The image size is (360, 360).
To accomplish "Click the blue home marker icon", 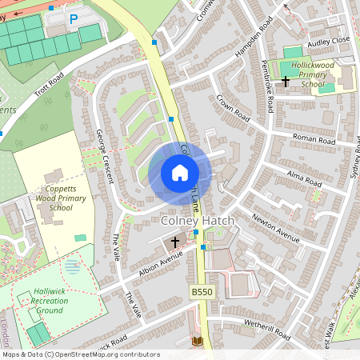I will click(180, 173).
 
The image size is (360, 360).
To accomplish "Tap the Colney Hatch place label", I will click(198, 218).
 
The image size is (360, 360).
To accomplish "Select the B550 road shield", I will click(202, 294).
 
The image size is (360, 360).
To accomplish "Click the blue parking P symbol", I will click(74, 18).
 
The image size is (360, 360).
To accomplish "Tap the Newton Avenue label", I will click(276, 226).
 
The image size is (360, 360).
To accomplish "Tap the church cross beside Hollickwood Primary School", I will click(286, 81).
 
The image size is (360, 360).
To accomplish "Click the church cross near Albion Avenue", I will click(175, 241).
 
